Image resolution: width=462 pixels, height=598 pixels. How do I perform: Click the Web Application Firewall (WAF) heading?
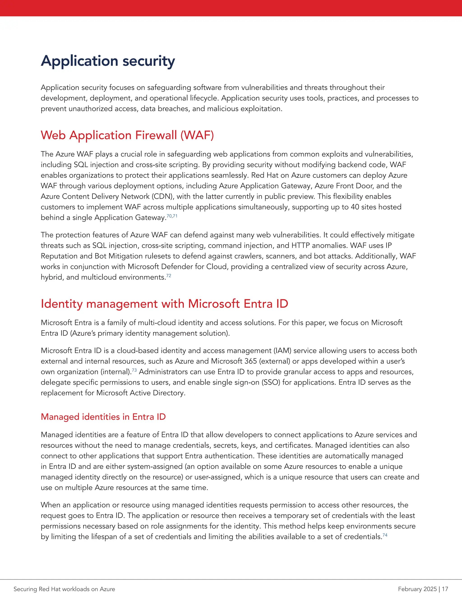[127, 135]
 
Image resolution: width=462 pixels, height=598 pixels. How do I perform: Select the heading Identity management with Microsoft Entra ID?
[164, 304]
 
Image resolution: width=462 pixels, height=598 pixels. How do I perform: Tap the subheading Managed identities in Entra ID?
[103, 417]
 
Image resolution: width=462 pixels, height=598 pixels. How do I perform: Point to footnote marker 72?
[169, 276]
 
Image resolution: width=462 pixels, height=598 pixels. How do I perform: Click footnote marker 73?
[134, 370]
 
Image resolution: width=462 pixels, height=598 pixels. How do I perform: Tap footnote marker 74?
[385, 535]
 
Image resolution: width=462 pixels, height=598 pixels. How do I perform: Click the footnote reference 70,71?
[172, 216]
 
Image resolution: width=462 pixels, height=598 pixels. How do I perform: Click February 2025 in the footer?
[417, 589]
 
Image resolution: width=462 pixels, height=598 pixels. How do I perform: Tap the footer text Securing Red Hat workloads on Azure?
[64, 589]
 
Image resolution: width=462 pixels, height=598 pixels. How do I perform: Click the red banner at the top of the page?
[231, 8]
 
